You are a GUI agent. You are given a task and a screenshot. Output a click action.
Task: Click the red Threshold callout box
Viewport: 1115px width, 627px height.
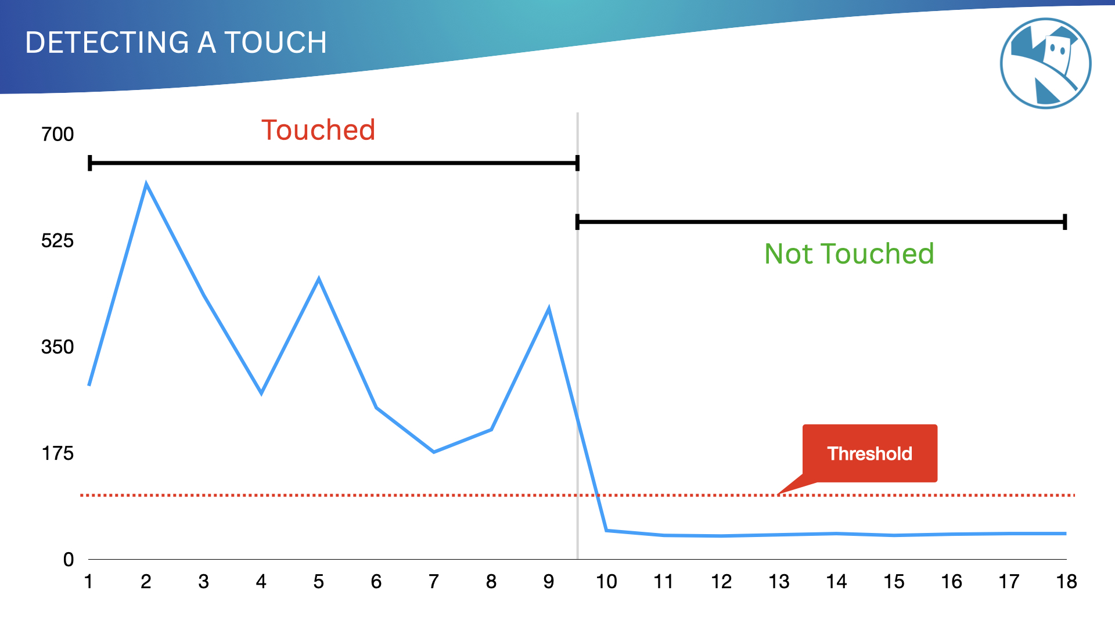tap(870, 453)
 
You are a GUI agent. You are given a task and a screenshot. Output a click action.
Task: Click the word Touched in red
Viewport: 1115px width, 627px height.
tap(318, 130)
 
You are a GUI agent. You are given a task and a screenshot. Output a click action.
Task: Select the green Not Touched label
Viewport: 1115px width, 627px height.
tap(849, 254)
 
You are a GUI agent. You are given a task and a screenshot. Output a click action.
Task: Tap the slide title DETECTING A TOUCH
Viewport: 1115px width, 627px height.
tap(177, 42)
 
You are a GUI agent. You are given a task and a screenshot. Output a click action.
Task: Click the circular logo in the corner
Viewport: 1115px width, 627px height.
tap(1045, 63)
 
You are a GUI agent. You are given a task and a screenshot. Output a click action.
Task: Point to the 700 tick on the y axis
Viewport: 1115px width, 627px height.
tap(57, 134)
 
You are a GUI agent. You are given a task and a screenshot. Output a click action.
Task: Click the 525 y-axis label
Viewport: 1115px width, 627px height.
tap(57, 240)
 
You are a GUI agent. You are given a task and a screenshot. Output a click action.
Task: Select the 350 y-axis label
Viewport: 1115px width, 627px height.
tap(57, 347)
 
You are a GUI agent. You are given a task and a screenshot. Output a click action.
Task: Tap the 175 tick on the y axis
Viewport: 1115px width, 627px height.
tap(57, 453)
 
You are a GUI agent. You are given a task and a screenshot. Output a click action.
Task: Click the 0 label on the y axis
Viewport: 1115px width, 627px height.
tap(69, 560)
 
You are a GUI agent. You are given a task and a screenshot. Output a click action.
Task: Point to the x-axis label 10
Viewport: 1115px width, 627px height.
tap(606, 582)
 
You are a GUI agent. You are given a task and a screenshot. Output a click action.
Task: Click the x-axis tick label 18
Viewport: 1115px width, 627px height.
tap(1066, 582)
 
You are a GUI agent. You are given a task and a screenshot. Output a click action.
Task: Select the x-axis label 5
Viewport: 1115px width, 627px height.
tap(319, 582)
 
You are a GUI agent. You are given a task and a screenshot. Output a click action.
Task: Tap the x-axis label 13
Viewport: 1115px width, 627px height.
tap(779, 582)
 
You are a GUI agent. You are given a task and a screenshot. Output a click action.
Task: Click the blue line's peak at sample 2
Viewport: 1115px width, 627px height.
tap(146, 185)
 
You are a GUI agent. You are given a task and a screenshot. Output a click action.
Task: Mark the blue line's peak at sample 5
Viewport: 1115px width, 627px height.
tap(319, 279)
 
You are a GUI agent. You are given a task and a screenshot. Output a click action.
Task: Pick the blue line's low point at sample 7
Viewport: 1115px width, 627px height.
tap(434, 452)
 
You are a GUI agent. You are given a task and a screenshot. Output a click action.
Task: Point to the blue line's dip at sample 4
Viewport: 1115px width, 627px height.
tap(261, 393)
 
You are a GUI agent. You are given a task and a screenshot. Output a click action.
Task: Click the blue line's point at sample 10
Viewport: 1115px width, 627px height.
tap(606, 530)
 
